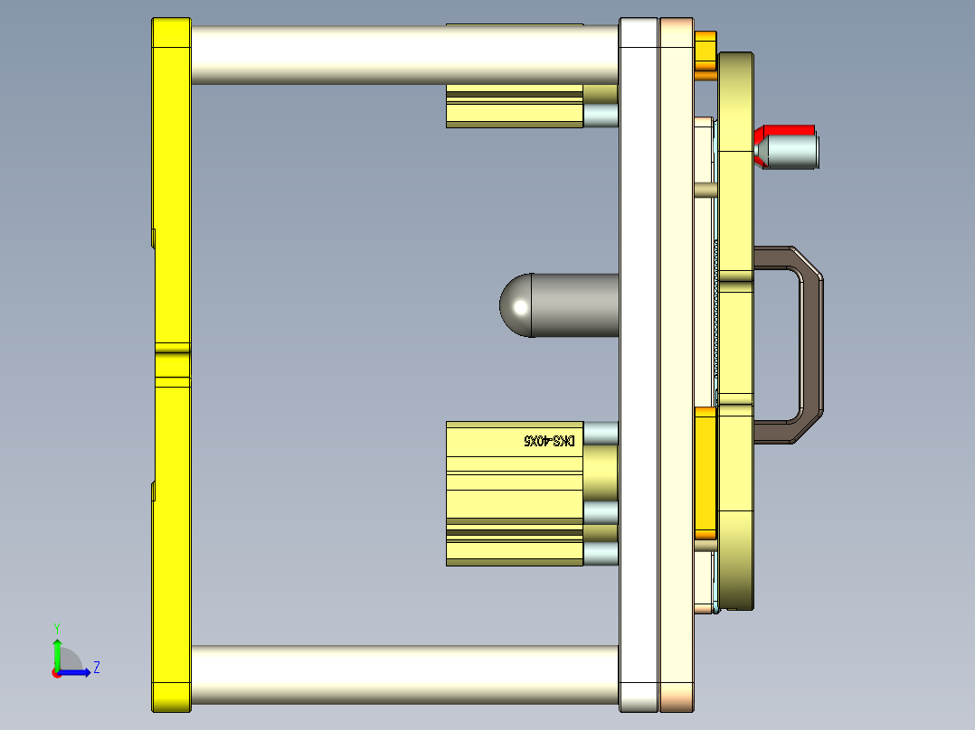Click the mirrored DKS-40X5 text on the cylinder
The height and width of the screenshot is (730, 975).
tap(550, 441)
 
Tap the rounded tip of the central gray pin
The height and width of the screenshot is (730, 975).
tap(516, 305)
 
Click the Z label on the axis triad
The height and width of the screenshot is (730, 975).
tap(96, 668)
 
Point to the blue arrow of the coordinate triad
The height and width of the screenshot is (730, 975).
tap(77, 672)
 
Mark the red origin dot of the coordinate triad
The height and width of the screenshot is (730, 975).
tap(56, 672)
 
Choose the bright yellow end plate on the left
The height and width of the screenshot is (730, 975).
tap(171, 181)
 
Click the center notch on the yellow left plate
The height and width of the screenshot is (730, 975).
tap(171, 364)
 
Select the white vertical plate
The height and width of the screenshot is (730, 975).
tap(639, 361)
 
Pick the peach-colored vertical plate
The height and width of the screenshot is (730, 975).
tap(676, 361)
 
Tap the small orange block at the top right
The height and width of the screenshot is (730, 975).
tap(705, 54)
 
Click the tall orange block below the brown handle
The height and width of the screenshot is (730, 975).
tap(705, 474)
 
